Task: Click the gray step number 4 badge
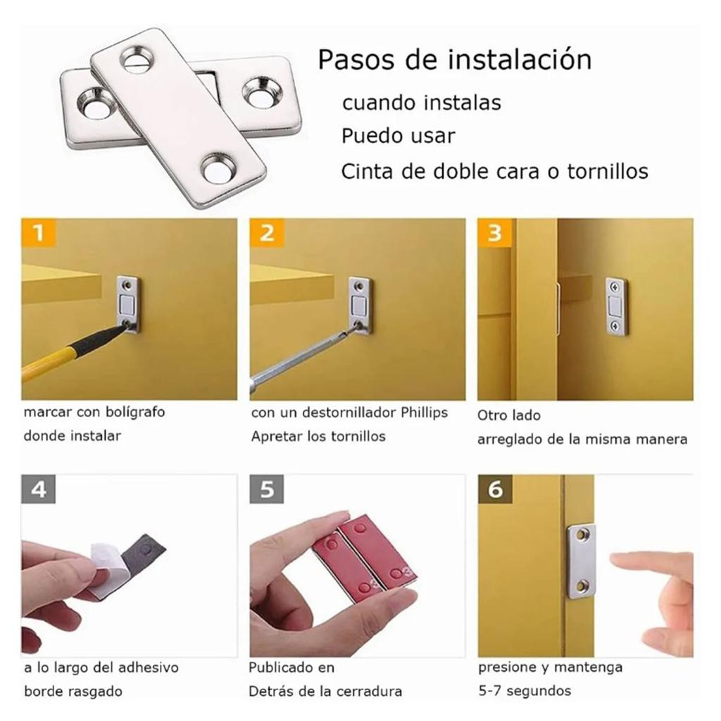tap(39, 489)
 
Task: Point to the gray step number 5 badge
tap(267, 489)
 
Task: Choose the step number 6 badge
tap(495, 489)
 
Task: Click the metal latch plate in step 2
tap(360, 305)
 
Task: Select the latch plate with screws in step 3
tap(615, 306)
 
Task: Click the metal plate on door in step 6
tap(582, 560)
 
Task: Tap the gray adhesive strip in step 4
tap(144, 556)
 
